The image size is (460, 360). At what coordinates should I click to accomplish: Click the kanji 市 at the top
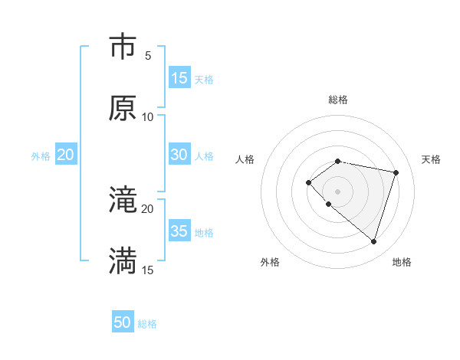tap(123, 47)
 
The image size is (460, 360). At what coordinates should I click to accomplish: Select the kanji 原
tap(123, 108)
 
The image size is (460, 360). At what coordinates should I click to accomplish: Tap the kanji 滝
tap(123, 200)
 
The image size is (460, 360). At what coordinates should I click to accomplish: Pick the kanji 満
tap(123, 261)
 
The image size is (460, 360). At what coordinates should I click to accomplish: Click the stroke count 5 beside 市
tap(148, 55)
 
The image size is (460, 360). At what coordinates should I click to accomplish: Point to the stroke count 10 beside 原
tap(148, 116)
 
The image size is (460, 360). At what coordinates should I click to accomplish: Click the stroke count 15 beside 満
tap(148, 270)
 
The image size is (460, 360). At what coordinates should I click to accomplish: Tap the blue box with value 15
tap(179, 78)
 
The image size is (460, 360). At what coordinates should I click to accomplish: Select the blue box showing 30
tap(179, 155)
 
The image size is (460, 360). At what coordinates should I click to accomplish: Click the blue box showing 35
tap(179, 231)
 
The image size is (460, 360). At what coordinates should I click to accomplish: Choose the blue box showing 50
tap(123, 322)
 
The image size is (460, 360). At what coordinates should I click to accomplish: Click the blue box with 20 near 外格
tap(65, 155)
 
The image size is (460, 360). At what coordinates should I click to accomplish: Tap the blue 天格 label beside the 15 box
tap(204, 79)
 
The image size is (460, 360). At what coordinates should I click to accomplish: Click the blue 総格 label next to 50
tap(147, 324)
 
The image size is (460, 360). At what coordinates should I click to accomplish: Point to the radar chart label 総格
tap(338, 100)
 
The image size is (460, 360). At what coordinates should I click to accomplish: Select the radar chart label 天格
tap(432, 159)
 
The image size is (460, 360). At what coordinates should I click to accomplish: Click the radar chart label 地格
tap(402, 262)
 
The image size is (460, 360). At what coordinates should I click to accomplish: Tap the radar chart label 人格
tap(245, 159)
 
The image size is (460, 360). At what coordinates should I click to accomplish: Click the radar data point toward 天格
tap(396, 172)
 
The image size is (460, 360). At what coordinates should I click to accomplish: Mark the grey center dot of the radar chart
tap(338, 191)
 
